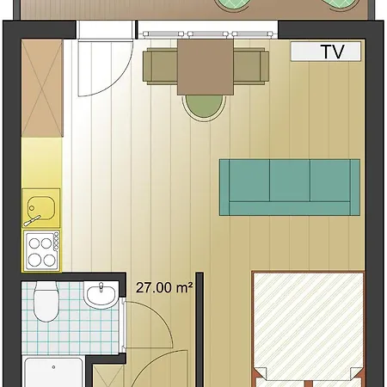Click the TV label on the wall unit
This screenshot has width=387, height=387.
tap(334, 52)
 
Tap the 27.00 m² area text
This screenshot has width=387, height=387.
tap(164, 287)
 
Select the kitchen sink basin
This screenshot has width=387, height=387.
tap(41, 208)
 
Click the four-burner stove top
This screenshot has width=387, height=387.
tap(42, 251)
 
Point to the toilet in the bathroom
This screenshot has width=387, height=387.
tap(46, 302)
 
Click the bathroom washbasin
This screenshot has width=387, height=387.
tap(101, 295)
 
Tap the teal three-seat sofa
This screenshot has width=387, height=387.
tap(290, 187)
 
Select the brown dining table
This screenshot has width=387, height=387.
tap(206, 67)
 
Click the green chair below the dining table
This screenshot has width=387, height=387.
tap(204, 107)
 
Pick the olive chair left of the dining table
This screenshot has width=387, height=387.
tap(160, 66)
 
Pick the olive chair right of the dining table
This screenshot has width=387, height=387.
tap(251, 66)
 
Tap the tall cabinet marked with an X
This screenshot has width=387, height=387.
tap(42, 88)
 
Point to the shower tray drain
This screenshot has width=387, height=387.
tap(53, 367)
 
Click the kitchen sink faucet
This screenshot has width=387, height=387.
tap(33, 219)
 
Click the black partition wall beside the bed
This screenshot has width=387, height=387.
tap(200, 329)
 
